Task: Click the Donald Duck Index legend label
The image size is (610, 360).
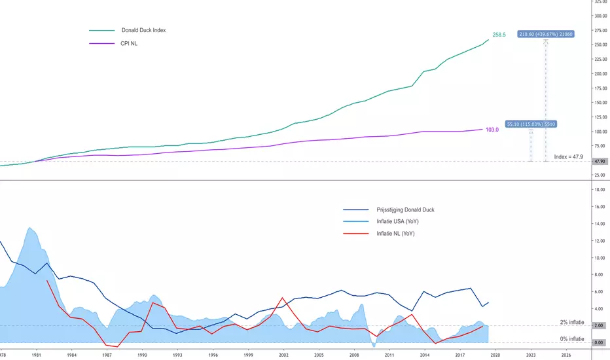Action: (143, 30)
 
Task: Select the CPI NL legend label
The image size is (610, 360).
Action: (130, 44)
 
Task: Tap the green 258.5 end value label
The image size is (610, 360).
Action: (499, 34)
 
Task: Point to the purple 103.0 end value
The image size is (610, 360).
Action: (492, 130)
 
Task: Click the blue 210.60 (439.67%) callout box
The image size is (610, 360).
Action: (545, 34)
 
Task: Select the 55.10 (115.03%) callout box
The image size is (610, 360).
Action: (531, 124)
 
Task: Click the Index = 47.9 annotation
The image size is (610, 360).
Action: (568, 156)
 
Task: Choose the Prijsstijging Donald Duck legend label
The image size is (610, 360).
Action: (405, 209)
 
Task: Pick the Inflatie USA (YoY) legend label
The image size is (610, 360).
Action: (395, 222)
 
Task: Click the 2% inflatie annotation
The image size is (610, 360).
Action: (572, 322)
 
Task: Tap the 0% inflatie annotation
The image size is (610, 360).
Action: (572, 339)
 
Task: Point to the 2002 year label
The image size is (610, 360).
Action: (283, 354)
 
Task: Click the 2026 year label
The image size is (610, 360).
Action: (566, 354)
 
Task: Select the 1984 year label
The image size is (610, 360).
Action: (71, 354)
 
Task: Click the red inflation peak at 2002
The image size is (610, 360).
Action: (283, 298)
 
